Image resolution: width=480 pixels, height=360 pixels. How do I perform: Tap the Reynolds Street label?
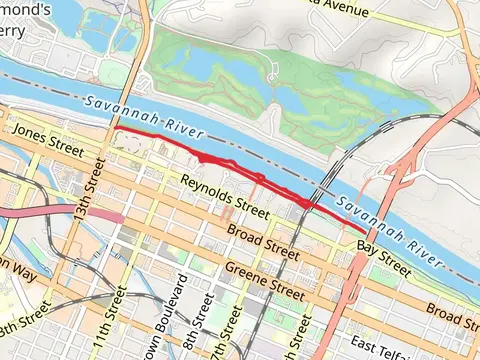tap(225, 197)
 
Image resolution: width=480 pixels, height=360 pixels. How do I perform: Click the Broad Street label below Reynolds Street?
tap(262, 242)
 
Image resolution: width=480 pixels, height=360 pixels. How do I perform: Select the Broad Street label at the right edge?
tap(452, 316)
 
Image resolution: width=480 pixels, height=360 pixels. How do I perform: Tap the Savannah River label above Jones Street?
tap(143, 115)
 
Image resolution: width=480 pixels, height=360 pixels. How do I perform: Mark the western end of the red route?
tap(114, 129)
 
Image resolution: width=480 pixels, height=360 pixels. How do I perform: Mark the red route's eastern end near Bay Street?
tap(363, 231)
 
